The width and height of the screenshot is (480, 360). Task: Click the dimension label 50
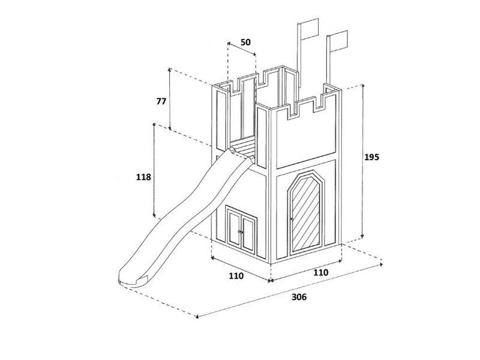(x=245, y=43)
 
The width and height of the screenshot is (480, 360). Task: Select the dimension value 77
(x=161, y=101)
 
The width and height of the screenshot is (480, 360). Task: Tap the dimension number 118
(x=144, y=177)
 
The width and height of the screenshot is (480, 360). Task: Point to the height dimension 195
(x=372, y=157)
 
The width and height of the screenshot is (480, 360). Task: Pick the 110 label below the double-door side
(x=236, y=276)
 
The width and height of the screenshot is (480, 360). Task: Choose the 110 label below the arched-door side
(x=320, y=272)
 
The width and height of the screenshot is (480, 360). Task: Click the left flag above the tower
(x=308, y=29)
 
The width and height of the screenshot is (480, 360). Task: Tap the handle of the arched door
(x=292, y=220)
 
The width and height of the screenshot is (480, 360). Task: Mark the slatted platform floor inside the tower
(x=243, y=146)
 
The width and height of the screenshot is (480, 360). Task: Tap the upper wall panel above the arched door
(x=305, y=139)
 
